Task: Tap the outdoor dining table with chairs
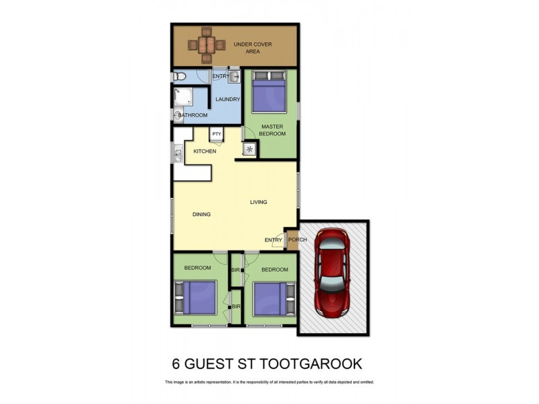pyautogui.click(x=206, y=44)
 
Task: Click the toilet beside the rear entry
pyautogui.click(x=179, y=77)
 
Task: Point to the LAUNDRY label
pyautogui.click(x=228, y=100)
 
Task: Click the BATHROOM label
pyautogui.click(x=193, y=116)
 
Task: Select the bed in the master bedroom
pyautogui.click(x=269, y=92)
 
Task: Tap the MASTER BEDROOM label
pyautogui.click(x=272, y=130)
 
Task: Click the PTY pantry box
pyautogui.click(x=217, y=135)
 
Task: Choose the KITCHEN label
pyautogui.click(x=205, y=151)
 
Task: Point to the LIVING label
pyautogui.click(x=259, y=202)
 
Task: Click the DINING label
pyautogui.click(x=201, y=215)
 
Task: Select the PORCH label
pyautogui.click(x=297, y=240)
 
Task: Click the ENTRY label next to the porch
pyautogui.click(x=274, y=240)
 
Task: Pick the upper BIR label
pyautogui.click(x=236, y=270)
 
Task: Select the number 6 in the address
pyautogui.click(x=177, y=364)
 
